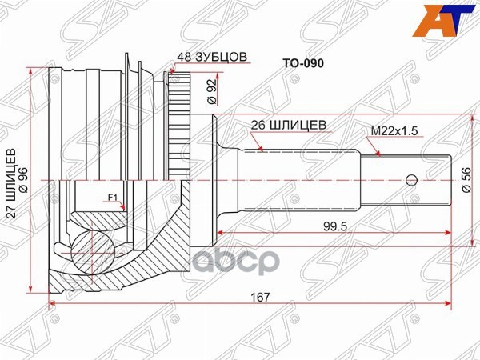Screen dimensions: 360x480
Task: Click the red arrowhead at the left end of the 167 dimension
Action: coord(54,304)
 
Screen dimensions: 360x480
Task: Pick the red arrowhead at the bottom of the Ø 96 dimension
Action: coord(31,287)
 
